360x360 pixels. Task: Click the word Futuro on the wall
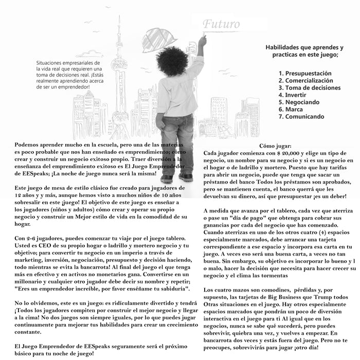(x=221, y=24)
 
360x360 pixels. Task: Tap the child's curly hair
(x=175, y=62)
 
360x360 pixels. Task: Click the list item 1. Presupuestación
(x=305, y=74)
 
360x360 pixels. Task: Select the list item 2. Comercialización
(x=306, y=81)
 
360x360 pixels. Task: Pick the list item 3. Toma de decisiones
(x=309, y=88)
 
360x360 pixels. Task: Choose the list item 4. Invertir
(x=292, y=95)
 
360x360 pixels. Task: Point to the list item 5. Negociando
(x=299, y=102)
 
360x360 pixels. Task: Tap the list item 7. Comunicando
(x=302, y=117)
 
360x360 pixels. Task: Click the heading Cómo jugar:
(x=276, y=146)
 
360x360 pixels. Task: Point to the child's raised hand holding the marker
(x=202, y=40)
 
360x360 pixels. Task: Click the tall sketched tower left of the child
(x=119, y=77)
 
